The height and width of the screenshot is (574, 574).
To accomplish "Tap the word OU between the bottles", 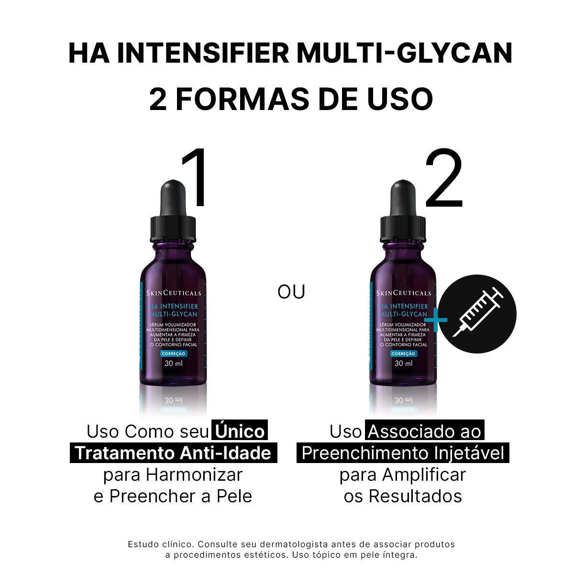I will click(x=291, y=291).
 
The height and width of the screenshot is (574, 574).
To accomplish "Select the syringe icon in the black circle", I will click(x=477, y=314).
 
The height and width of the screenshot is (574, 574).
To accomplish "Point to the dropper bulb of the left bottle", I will click(x=173, y=196).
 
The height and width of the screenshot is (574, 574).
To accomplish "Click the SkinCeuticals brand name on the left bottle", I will click(x=174, y=293).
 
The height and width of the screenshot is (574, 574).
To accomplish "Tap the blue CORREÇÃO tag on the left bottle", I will click(x=173, y=353).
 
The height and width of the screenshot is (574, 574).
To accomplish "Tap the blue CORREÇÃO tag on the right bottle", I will click(x=403, y=353).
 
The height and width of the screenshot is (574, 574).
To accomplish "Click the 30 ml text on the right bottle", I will click(x=403, y=364).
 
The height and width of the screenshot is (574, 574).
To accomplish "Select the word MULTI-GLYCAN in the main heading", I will click(x=405, y=54).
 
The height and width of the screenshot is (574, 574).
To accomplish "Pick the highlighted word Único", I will click(x=240, y=431).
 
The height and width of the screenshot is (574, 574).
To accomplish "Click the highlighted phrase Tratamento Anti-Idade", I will click(x=173, y=453).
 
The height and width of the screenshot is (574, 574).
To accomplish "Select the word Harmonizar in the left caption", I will click(x=194, y=475).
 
